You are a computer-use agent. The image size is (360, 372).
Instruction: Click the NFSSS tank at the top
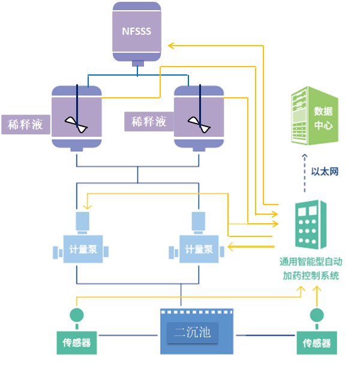coord(137,31)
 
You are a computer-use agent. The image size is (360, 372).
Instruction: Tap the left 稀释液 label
coord(25,125)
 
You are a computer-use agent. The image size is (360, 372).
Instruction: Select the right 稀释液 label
coord(148,121)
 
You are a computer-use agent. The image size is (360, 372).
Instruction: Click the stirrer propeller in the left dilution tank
coord(77,124)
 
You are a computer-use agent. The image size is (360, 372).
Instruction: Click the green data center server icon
coord(311,117)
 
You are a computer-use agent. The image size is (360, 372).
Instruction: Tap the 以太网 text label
coord(325,172)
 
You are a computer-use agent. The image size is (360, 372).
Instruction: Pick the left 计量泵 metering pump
coord(83,248)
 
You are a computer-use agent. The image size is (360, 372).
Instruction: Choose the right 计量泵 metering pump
coord(199,248)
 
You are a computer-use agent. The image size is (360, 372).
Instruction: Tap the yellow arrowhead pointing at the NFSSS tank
coord(170,45)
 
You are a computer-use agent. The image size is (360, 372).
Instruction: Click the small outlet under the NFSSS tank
coord(137,63)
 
